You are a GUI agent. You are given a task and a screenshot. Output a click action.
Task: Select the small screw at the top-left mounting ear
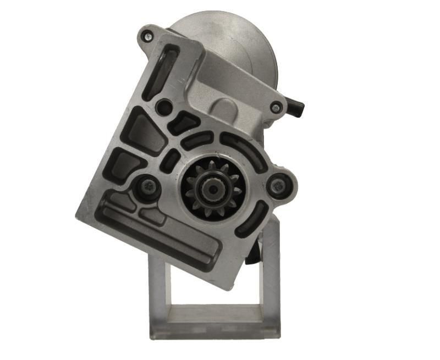(147, 37)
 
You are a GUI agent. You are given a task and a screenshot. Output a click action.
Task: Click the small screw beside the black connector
(276, 108)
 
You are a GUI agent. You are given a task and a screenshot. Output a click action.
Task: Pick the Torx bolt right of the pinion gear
(279, 186)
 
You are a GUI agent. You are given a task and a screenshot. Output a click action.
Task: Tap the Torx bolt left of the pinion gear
(147, 187)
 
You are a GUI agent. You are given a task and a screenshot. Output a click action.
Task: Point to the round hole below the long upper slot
(163, 107)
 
